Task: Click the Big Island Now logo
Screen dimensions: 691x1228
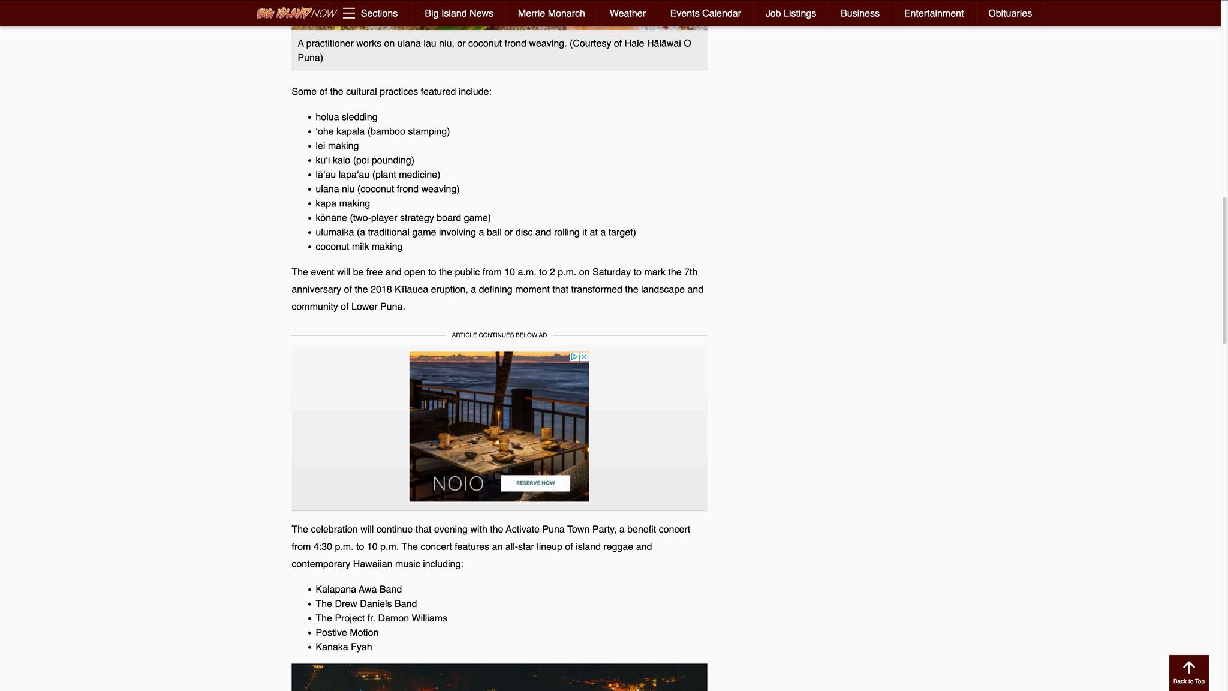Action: tap(296, 13)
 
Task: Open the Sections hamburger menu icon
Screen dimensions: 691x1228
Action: tap(349, 13)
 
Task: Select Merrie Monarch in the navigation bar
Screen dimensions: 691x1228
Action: tap(551, 13)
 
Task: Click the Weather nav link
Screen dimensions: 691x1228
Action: tap(627, 13)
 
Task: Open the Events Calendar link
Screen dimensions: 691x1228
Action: tap(705, 13)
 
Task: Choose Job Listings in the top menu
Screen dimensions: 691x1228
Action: tap(790, 13)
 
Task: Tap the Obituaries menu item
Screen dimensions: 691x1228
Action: tap(1010, 13)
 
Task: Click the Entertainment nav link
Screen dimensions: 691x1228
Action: tap(934, 13)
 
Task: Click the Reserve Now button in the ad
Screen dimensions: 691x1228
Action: tap(535, 483)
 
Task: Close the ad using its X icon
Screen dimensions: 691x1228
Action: tap(584, 357)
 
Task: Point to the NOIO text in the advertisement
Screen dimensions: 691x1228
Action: tap(458, 483)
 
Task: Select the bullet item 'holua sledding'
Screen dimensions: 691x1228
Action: tap(346, 117)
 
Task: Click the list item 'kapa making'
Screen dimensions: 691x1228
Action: tap(342, 203)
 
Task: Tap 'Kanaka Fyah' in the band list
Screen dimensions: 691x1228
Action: tap(344, 647)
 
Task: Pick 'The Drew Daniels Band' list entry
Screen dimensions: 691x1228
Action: tap(366, 604)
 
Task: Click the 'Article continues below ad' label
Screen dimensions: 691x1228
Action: tap(499, 335)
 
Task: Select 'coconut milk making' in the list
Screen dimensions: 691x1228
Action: tap(359, 247)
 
